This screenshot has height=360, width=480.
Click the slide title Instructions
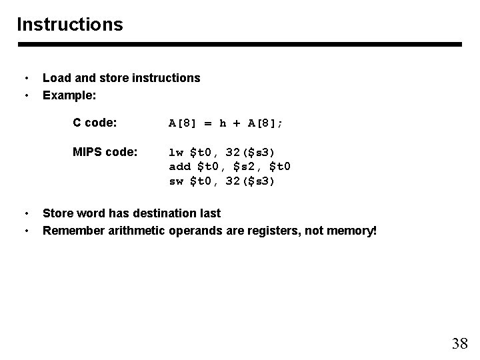[x=70, y=25]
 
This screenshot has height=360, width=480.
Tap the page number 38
[x=459, y=343]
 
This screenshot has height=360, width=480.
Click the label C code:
[x=95, y=123]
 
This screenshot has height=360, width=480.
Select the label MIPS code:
[x=105, y=152]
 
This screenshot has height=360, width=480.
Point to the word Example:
[x=69, y=95]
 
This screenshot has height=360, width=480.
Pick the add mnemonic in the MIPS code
[x=179, y=166]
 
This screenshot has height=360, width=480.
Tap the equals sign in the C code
[x=208, y=123]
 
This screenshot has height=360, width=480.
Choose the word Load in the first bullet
[x=56, y=78]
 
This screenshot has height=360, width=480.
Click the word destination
[x=167, y=213]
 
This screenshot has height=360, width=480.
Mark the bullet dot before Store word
[x=26, y=213]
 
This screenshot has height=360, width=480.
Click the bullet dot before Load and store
[x=26, y=78]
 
